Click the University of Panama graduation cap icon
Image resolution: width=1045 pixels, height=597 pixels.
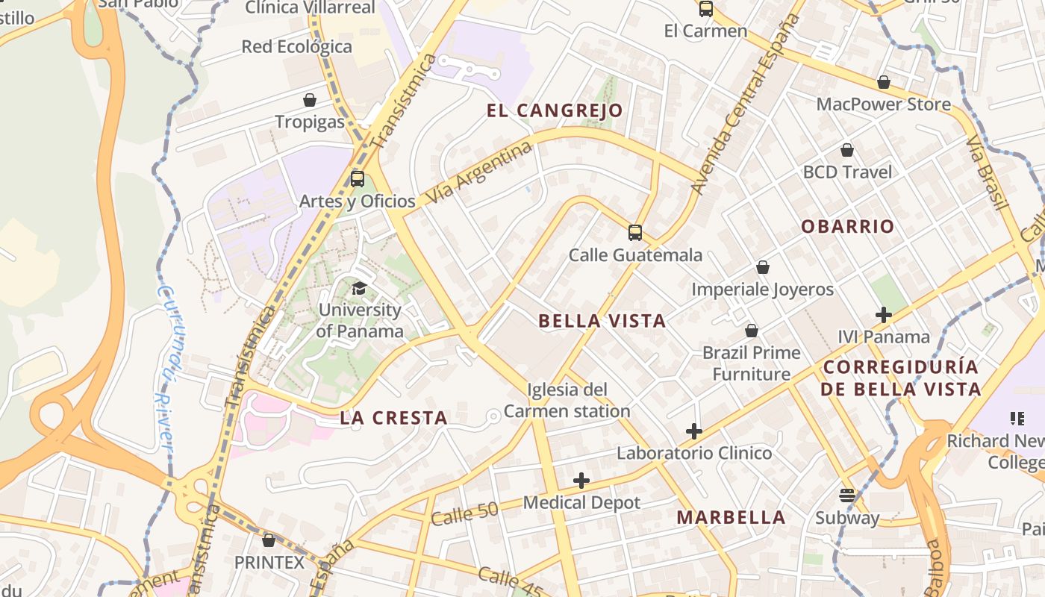point(359,288)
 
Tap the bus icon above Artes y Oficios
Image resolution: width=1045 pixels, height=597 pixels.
point(358,179)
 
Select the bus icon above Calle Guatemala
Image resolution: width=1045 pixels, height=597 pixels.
point(635,233)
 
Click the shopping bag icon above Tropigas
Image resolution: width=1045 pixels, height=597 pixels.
point(310,100)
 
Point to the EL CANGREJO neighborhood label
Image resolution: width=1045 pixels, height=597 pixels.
point(555,111)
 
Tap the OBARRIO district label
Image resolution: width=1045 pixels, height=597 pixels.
point(847,227)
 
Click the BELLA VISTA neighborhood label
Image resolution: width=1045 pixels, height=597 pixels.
point(602,321)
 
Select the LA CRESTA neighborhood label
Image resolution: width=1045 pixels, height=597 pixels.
point(393,418)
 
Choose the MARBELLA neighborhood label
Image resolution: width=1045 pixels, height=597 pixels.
point(731,517)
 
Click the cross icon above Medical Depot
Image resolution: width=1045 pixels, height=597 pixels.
point(581,481)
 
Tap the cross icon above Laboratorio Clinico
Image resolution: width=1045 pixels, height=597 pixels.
point(694,431)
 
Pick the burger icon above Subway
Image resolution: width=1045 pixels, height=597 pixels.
point(846,496)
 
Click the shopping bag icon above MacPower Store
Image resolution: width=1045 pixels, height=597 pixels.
point(884,82)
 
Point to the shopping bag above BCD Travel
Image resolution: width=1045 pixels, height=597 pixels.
point(847,150)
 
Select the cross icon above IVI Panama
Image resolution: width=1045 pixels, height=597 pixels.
point(884,315)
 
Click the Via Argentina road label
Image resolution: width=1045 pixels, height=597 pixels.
point(478,173)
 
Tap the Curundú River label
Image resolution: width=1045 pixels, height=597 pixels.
point(166,369)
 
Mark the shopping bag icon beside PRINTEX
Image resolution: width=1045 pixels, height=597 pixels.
point(269,540)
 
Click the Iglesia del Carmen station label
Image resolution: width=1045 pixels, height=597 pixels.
point(567,401)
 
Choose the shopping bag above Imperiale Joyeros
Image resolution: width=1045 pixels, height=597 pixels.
point(763,267)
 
